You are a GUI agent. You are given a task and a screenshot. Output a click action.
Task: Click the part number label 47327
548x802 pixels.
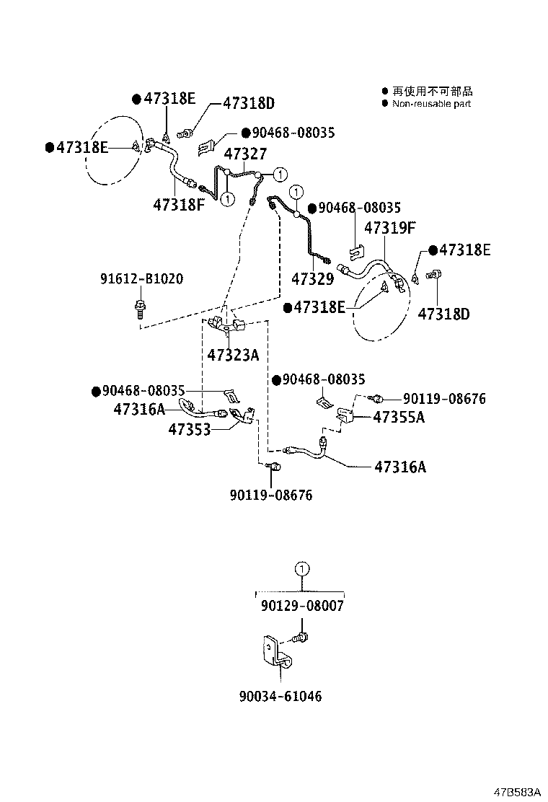245,154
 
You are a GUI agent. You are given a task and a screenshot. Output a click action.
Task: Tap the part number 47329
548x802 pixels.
312,278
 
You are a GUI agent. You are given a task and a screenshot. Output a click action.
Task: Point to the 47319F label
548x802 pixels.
390,229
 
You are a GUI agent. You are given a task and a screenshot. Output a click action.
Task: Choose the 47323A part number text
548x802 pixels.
233,354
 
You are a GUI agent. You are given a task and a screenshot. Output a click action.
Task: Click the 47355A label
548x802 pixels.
399,417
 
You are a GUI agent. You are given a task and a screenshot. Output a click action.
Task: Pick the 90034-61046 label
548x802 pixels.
280,696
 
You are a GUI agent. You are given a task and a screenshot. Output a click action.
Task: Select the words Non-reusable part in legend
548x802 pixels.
431,104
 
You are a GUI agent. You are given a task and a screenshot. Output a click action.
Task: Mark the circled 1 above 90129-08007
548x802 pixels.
302,569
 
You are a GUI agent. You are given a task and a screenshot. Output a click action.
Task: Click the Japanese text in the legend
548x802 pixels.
432,92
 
